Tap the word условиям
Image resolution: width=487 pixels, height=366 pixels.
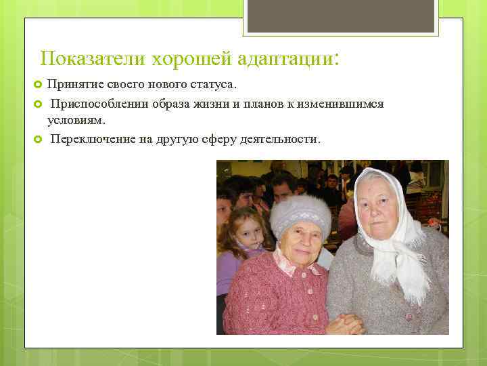point(75,121)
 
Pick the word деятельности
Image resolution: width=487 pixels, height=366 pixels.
point(281,138)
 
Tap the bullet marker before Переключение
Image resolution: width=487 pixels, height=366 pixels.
point(38,138)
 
